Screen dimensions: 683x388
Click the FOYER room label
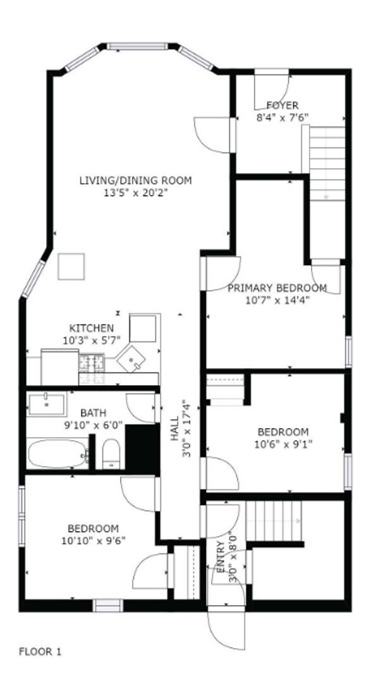pos(282,105)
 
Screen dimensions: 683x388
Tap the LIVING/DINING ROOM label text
pos(135,180)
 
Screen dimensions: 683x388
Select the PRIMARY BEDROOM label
pos(277,288)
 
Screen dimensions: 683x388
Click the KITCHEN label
pos(92,328)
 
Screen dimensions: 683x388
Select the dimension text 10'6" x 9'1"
pos(284,443)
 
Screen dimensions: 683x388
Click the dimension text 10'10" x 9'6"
pos(93,541)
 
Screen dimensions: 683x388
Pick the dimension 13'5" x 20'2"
pos(135,192)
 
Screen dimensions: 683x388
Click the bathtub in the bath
pos(58,455)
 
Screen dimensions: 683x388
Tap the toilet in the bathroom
pos(111,454)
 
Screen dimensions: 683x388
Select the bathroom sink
pos(46,403)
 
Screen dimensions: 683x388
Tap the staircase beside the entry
pos(274,520)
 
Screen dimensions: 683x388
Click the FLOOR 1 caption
pos(40,651)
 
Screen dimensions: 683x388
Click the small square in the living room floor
pos(71,266)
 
